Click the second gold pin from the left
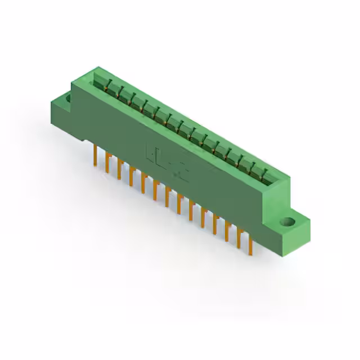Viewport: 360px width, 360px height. tap(107, 163)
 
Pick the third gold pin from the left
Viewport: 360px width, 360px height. tap(119, 169)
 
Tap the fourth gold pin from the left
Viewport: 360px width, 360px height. tap(131, 176)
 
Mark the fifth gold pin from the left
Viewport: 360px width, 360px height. tap(143, 183)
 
